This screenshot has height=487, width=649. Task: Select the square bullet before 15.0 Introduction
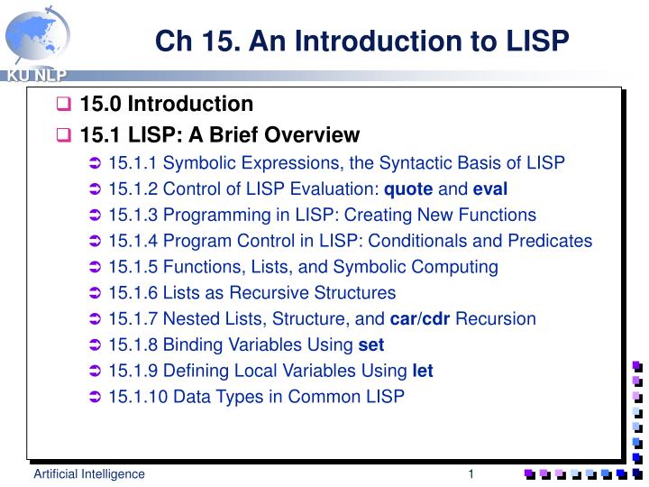coord(64,105)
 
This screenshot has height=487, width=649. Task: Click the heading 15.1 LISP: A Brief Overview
coord(219,135)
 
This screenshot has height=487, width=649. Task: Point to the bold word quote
coord(408,189)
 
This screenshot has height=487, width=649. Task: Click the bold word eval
coord(490,189)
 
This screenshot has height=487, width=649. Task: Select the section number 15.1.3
coord(132,215)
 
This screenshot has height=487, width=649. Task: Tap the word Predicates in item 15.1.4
coord(550,241)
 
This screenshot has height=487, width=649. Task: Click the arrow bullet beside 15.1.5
coord(96,268)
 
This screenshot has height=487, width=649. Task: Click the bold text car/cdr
coord(420,319)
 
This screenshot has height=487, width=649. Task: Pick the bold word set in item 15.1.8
coord(370,345)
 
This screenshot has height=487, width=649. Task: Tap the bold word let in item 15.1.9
coord(423,371)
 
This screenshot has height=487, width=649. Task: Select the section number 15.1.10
coord(137,397)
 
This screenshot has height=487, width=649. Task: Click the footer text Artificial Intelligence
coord(89,474)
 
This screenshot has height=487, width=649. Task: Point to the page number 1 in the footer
coord(471,474)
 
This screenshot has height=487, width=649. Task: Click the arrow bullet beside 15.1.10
coord(96,398)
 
